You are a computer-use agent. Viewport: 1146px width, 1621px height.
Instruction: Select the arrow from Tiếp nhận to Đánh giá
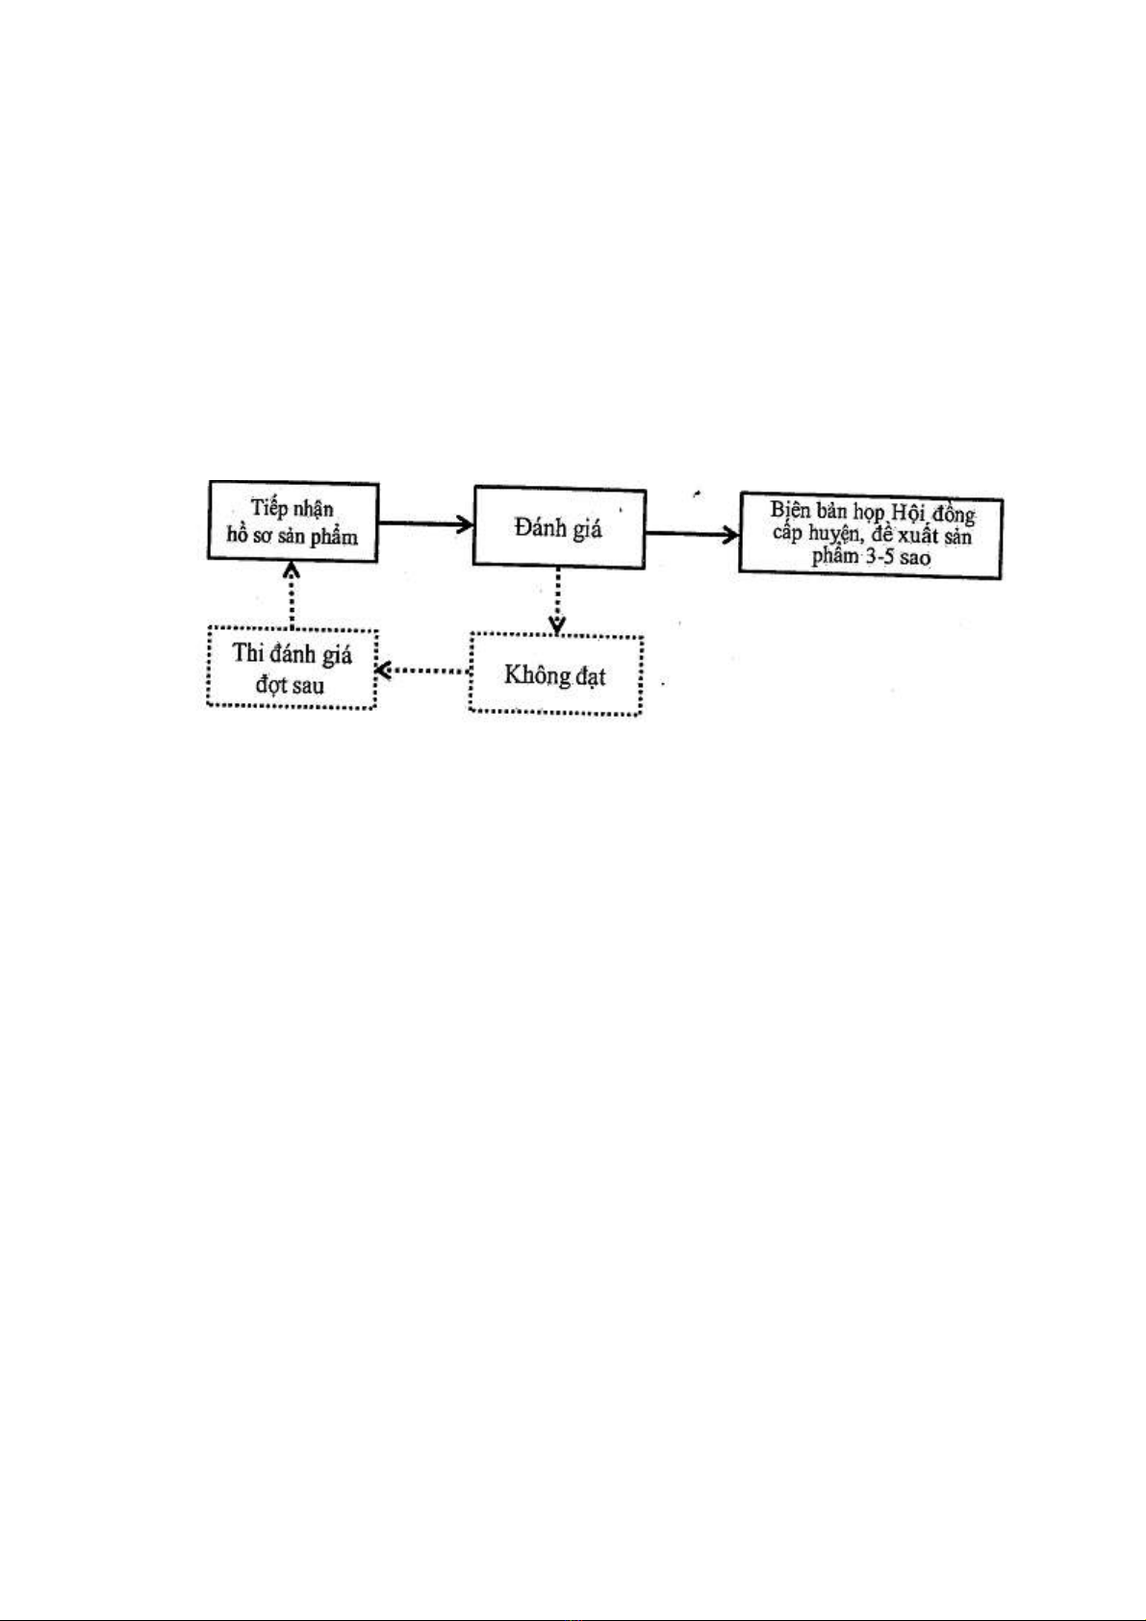425,523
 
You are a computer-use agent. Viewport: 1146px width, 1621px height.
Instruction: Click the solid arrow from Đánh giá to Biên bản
692,534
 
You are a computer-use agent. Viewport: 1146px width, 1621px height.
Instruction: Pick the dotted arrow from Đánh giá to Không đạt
557,601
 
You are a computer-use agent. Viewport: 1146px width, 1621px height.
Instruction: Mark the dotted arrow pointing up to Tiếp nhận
291,595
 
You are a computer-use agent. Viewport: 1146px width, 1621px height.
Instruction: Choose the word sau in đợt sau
309,685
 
